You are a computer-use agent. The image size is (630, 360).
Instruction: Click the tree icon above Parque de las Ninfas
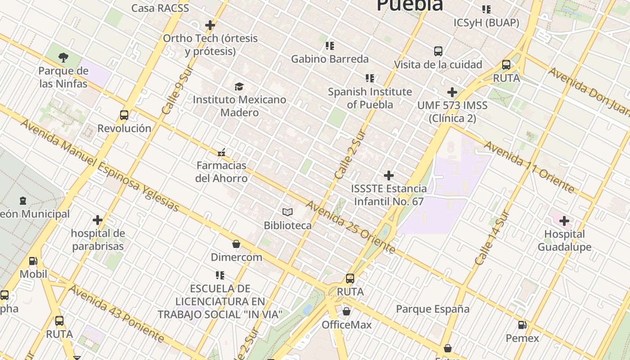[63, 58]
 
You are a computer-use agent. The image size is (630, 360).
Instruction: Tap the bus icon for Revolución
[124, 115]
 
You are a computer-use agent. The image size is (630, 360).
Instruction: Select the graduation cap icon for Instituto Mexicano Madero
[239, 86]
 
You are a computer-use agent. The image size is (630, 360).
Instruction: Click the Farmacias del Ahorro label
[221, 172]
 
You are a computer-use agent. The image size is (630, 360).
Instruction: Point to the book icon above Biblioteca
[288, 212]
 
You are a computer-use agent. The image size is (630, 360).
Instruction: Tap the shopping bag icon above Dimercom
[236, 244]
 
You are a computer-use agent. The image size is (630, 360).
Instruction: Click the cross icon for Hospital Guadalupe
[564, 221]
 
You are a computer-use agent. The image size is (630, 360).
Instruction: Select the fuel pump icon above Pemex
[522, 325]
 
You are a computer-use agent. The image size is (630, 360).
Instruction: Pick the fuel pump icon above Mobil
[33, 261]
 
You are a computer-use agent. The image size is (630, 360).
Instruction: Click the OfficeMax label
[346, 324]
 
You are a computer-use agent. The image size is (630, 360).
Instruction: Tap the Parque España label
[432, 309]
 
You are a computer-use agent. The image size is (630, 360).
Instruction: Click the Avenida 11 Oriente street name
[529, 166]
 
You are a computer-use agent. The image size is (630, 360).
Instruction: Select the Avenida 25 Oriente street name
[351, 227]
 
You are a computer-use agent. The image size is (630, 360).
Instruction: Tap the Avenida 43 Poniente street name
[116, 313]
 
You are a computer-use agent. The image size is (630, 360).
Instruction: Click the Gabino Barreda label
[329, 59]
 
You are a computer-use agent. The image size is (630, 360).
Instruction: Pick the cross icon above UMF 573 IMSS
[452, 93]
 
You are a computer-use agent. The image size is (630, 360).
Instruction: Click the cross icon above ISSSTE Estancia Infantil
[389, 175]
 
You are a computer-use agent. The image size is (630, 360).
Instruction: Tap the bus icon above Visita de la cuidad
[438, 51]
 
